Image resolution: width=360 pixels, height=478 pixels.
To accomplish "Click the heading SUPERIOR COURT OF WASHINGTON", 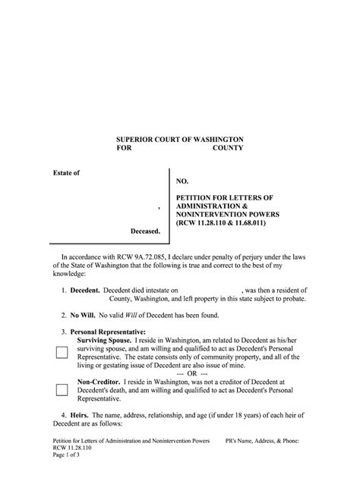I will (179, 140).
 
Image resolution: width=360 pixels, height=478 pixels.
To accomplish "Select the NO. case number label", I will (182, 182).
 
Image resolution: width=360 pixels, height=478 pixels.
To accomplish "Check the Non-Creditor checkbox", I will (61, 391).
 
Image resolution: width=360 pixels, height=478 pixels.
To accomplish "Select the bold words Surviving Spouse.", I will (104, 341).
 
